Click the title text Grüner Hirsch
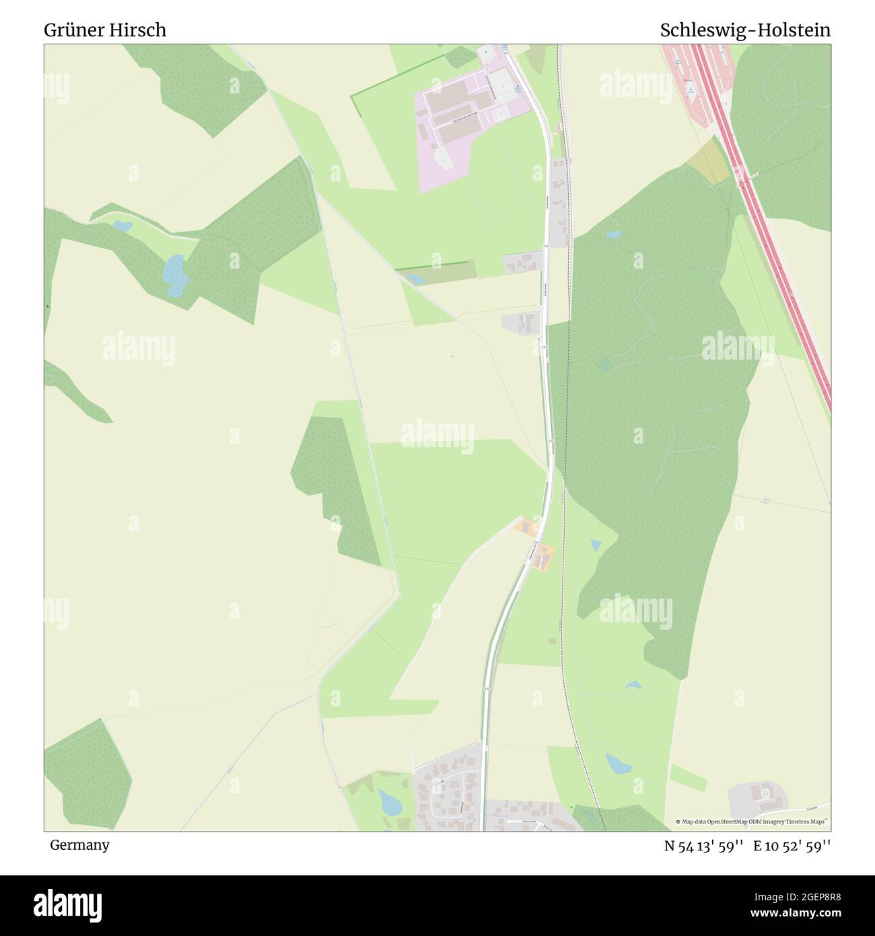tap(105, 30)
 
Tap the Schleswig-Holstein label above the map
tap(745, 30)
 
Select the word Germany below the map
tap(79, 845)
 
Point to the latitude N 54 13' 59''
tap(703, 846)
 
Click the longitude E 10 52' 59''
tap(792, 846)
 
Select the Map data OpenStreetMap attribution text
tap(753, 822)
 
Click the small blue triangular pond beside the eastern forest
tap(596, 544)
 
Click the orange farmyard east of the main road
tap(543, 556)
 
